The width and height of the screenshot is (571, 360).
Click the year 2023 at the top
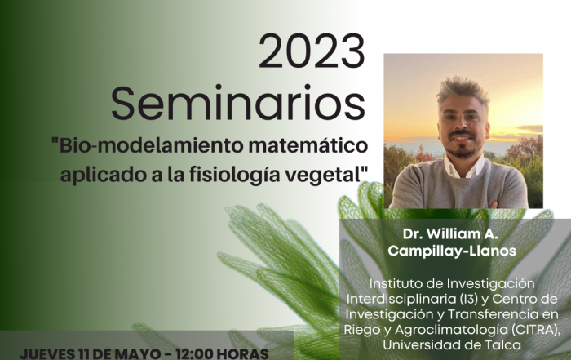click(312, 51)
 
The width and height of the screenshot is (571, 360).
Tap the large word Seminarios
click(238, 103)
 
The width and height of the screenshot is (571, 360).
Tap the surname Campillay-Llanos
click(452, 251)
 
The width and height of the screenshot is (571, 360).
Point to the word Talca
click(504, 344)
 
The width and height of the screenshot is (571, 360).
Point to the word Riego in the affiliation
click(358, 330)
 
